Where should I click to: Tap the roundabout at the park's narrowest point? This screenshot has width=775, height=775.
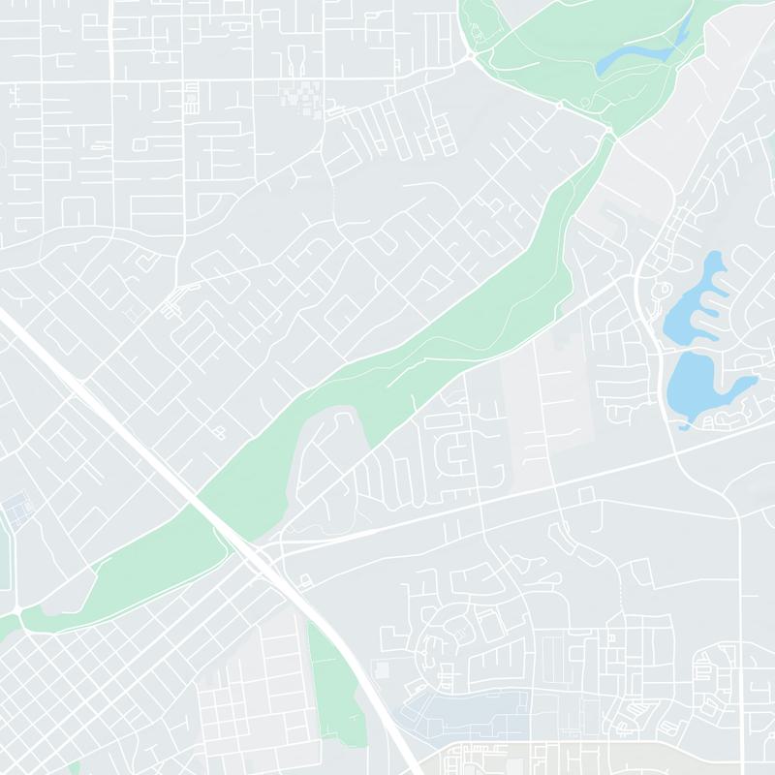point(610,131)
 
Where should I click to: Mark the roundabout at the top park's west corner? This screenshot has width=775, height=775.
point(472,55)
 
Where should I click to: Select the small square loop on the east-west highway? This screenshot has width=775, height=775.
point(585,495)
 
